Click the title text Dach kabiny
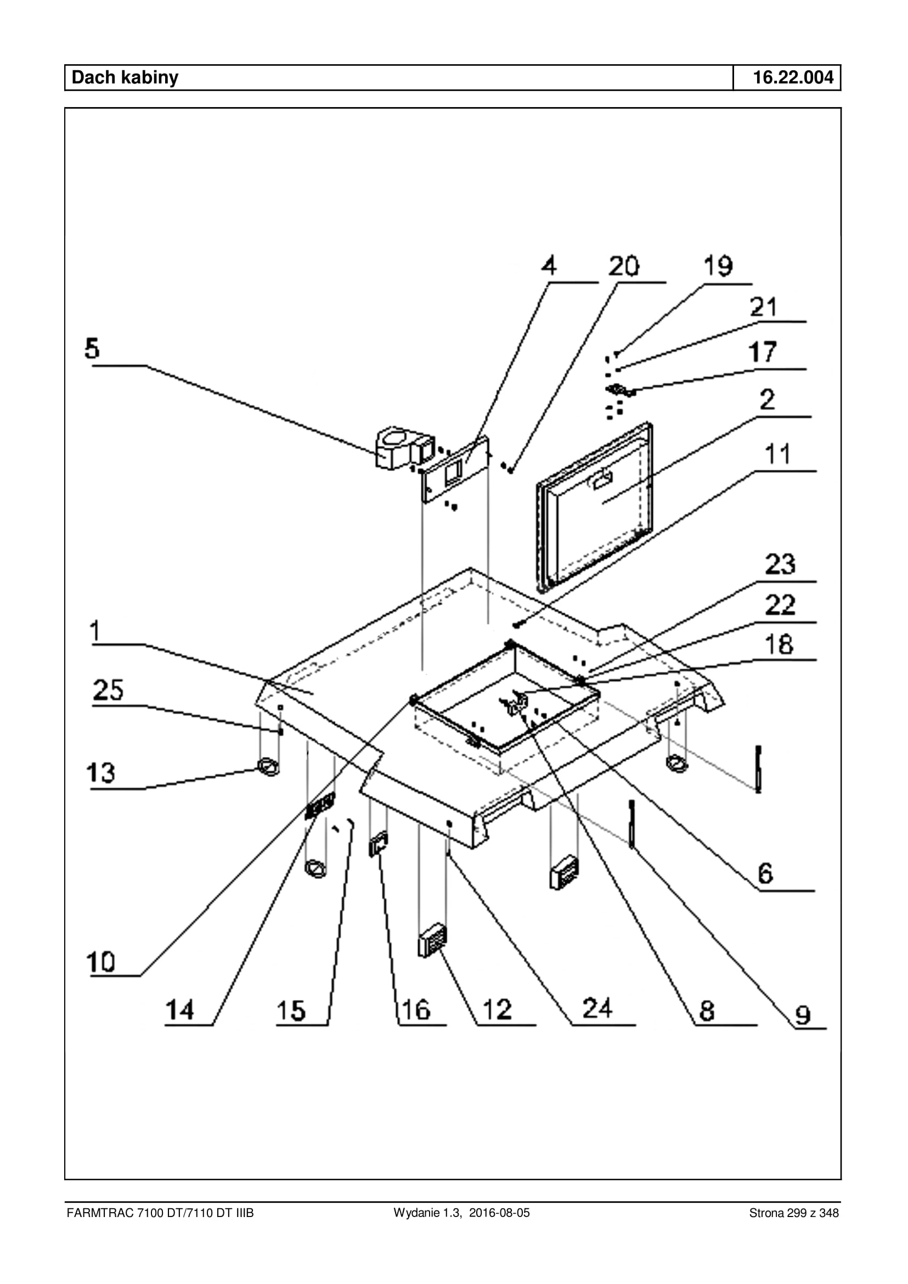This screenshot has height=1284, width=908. (x=125, y=77)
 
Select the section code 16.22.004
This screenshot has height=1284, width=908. (x=793, y=77)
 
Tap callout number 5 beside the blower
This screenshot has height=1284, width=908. (x=92, y=349)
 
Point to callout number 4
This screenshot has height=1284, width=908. (x=549, y=265)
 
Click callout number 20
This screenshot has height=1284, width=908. (x=623, y=266)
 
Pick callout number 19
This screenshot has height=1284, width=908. (x=718, y=266)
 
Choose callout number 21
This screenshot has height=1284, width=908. (x=763, y=307)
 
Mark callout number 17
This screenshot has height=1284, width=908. (x=763, y=352)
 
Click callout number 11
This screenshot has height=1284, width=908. (x=777, y=454)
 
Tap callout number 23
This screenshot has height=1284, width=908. (x=780, y=564)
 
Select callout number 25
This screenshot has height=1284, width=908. (x=108, y=690)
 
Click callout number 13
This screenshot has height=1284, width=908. (x=100, y=772)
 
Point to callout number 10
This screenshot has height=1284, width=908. (x=100, y=963)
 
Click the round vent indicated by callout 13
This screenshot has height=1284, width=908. (x=269, y=766)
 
